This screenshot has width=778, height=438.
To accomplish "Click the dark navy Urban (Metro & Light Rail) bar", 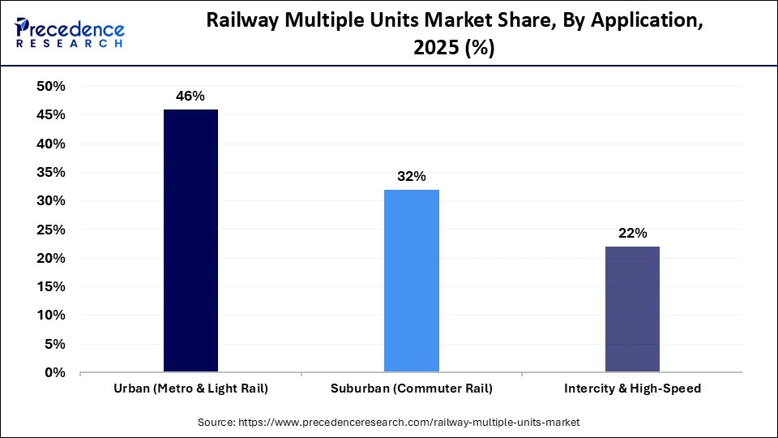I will point(190,241).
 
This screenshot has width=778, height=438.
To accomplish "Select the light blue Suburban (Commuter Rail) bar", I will point(412,281).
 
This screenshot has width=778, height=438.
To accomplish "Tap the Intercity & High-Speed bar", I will point(632,309).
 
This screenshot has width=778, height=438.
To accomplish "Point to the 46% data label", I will point(190,96).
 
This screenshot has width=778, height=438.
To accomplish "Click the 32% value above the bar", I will point(412,176).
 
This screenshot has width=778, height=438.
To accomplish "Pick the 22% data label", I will point(632,233).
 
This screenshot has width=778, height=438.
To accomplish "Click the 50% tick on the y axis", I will point(51,86).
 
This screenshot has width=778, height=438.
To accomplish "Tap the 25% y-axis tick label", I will point(51,230).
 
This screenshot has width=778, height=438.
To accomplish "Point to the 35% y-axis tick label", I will point(51,172).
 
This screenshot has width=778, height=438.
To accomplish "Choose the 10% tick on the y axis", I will point(51,316).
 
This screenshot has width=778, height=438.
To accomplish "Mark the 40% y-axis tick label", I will point(51,144).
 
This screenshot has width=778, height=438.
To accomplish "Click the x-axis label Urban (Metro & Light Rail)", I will point(190,389).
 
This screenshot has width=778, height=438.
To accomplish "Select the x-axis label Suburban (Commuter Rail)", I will point(412,389).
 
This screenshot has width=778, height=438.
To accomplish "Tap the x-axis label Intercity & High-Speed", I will point(632,389).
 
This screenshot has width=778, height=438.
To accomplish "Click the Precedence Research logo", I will point(70,33).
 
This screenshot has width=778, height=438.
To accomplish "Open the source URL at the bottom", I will point(389,423).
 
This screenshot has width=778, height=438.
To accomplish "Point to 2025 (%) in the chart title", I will point(454,49).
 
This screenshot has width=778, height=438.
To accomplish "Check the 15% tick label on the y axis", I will point(51,287).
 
